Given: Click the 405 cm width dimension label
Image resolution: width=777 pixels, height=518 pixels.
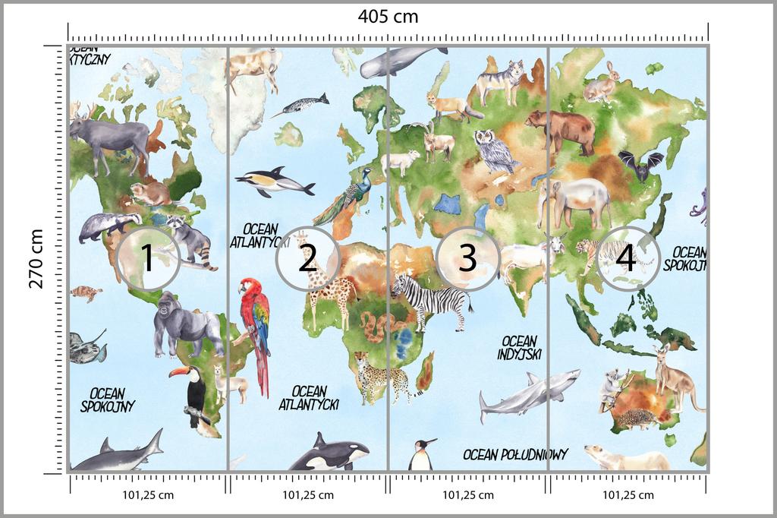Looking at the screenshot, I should (x=388, y=16).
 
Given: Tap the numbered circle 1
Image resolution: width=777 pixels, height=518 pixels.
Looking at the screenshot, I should (x=149, y=259).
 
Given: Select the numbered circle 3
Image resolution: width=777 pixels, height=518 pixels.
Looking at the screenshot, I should (x=467, y=259).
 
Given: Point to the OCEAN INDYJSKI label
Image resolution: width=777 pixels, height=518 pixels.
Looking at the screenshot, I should (x=519, y=348).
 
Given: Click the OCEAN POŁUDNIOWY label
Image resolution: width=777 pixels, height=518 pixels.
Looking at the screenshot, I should (x=515, y=454).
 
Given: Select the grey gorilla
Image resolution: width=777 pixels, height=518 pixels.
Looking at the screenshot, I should (x=184, y=324).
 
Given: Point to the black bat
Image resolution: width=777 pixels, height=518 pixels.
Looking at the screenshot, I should (x=640, y=165).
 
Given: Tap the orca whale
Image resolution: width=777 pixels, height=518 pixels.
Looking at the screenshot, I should (x=328, y=453).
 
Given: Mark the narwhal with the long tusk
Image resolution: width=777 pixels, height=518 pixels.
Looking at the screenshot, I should (x=304, y=104).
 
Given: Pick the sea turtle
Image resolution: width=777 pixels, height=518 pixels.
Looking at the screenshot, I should (x=87, y=293).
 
